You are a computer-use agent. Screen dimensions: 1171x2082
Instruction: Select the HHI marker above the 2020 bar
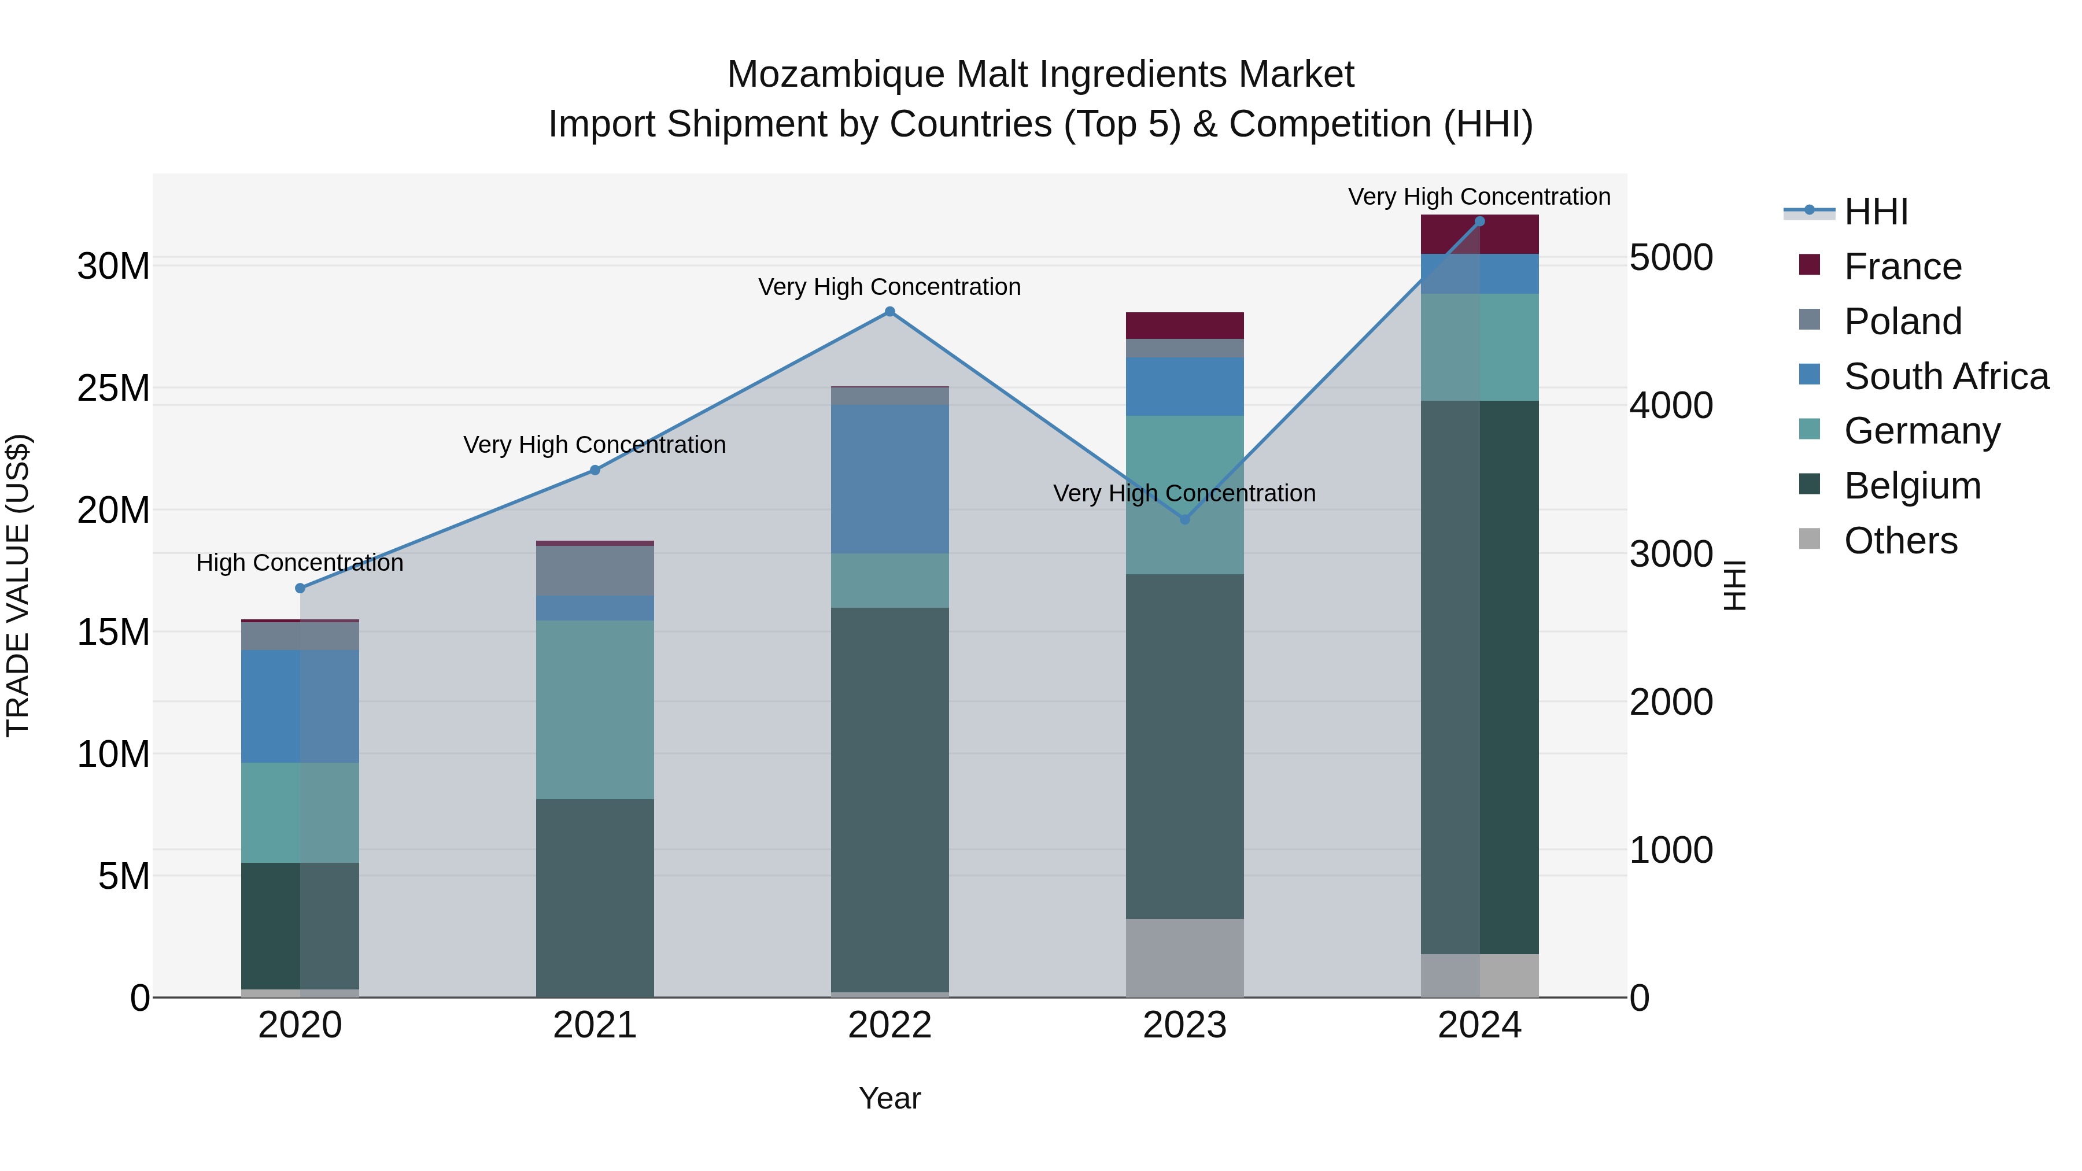coord(300,588)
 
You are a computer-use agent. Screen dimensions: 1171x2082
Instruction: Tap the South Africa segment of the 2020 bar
coord(300,706)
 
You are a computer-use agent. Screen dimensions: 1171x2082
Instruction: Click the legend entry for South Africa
coord(1946,376)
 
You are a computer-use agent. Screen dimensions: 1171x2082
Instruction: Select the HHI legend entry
coord(1875,212)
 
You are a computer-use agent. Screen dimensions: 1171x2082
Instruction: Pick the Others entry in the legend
coord(1899,541)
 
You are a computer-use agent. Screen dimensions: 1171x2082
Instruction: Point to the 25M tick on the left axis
coord(113,389)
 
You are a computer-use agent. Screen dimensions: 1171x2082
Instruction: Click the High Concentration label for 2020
coord(300,563)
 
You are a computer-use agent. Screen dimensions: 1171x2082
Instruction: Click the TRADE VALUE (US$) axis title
coord(18,585)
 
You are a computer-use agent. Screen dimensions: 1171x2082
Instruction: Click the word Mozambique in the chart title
coord(835,75)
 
